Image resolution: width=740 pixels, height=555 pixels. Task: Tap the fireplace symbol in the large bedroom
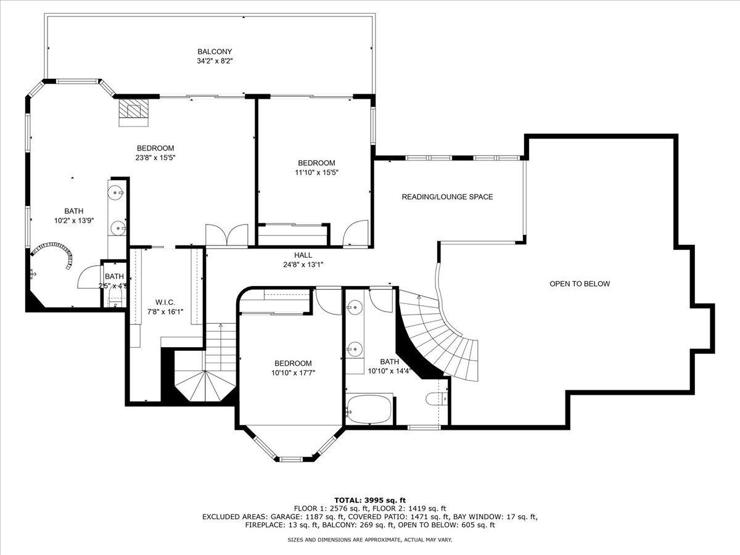[x=134, y=111]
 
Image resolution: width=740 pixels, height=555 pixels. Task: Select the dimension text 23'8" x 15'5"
[x=155, y=158]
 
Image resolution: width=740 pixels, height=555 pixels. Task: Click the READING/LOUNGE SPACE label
[x=447, y=197]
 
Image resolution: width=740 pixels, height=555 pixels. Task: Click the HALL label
[x=303, y=255]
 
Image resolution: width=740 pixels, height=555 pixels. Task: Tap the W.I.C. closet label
[x=165, y=302]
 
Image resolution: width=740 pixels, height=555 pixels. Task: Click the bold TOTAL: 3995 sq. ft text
[x=370, y=499]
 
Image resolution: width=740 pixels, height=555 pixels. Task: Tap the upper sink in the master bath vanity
[x=115, y=192]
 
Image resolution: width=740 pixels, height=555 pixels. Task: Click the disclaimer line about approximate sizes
[x=370, y=540]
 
